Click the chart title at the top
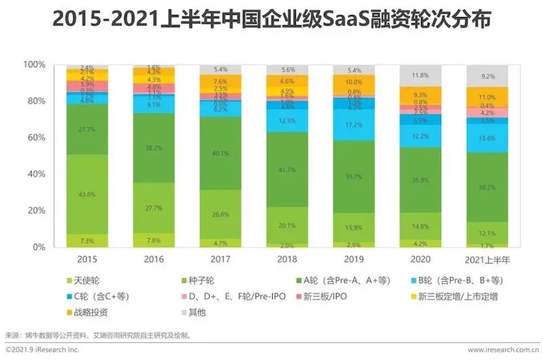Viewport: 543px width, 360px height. point(272,20)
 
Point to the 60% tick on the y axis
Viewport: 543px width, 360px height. point(36,138)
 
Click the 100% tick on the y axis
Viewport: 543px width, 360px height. point(34,65)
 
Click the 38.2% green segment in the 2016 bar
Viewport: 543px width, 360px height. point(154,148)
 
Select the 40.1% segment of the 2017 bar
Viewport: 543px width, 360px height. point(220,154)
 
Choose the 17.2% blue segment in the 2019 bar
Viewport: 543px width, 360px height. point(353,124)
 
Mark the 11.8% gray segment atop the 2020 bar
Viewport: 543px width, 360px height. point(420,75)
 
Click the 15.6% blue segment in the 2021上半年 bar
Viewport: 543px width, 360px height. point(486,138)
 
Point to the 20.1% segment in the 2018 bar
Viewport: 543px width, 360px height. point(287,225)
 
